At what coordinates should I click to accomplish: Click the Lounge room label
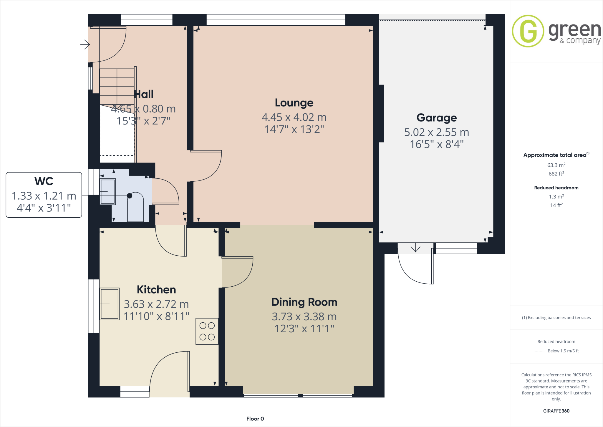pyautogui.click(x=294, y=103)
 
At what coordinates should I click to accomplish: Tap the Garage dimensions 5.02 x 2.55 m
pyautogui.click(x=436, y=132)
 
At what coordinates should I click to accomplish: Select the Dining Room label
pyautogui.click(x=304, y=302)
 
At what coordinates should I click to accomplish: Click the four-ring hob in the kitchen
pyautogui.click(x=207, y=331)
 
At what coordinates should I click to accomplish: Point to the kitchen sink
pyautogui.click(x=110, y=304)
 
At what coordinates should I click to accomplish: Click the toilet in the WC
pyautogui.click(x=135, y=206)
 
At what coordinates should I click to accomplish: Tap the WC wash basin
pyautogui.click(x=108, y=192)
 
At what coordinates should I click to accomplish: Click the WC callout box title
pyautogui.click(x=44, y=181)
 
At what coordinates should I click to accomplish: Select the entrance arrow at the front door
pyautogui.click(x=85, y=45)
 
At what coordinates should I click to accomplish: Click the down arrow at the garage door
pyautogui.click(x=415, y=247)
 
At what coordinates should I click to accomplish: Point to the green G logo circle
pyautogui.click(x=528, y=31)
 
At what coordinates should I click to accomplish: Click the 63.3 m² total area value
pyautogui.click(x=556, y=165)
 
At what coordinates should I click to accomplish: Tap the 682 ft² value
pyautogui.click(x=556, y=174)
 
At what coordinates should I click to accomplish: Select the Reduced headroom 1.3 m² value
pyautogui.click(x=556, y=197)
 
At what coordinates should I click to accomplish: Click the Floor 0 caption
pyautogui.click(x=255, y=419)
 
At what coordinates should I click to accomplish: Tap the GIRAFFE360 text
pyautogui.click(x=556, y=411)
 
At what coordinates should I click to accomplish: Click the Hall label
pyautogui.click(x=144, y=94)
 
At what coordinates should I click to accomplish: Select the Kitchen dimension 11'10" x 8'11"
pyautogui.click(x=156, y=316)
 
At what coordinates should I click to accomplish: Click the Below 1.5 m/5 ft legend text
pyautogui.click(x=563, y=351)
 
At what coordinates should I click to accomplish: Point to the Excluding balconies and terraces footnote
pyautogui.click(x=556, y=318)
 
